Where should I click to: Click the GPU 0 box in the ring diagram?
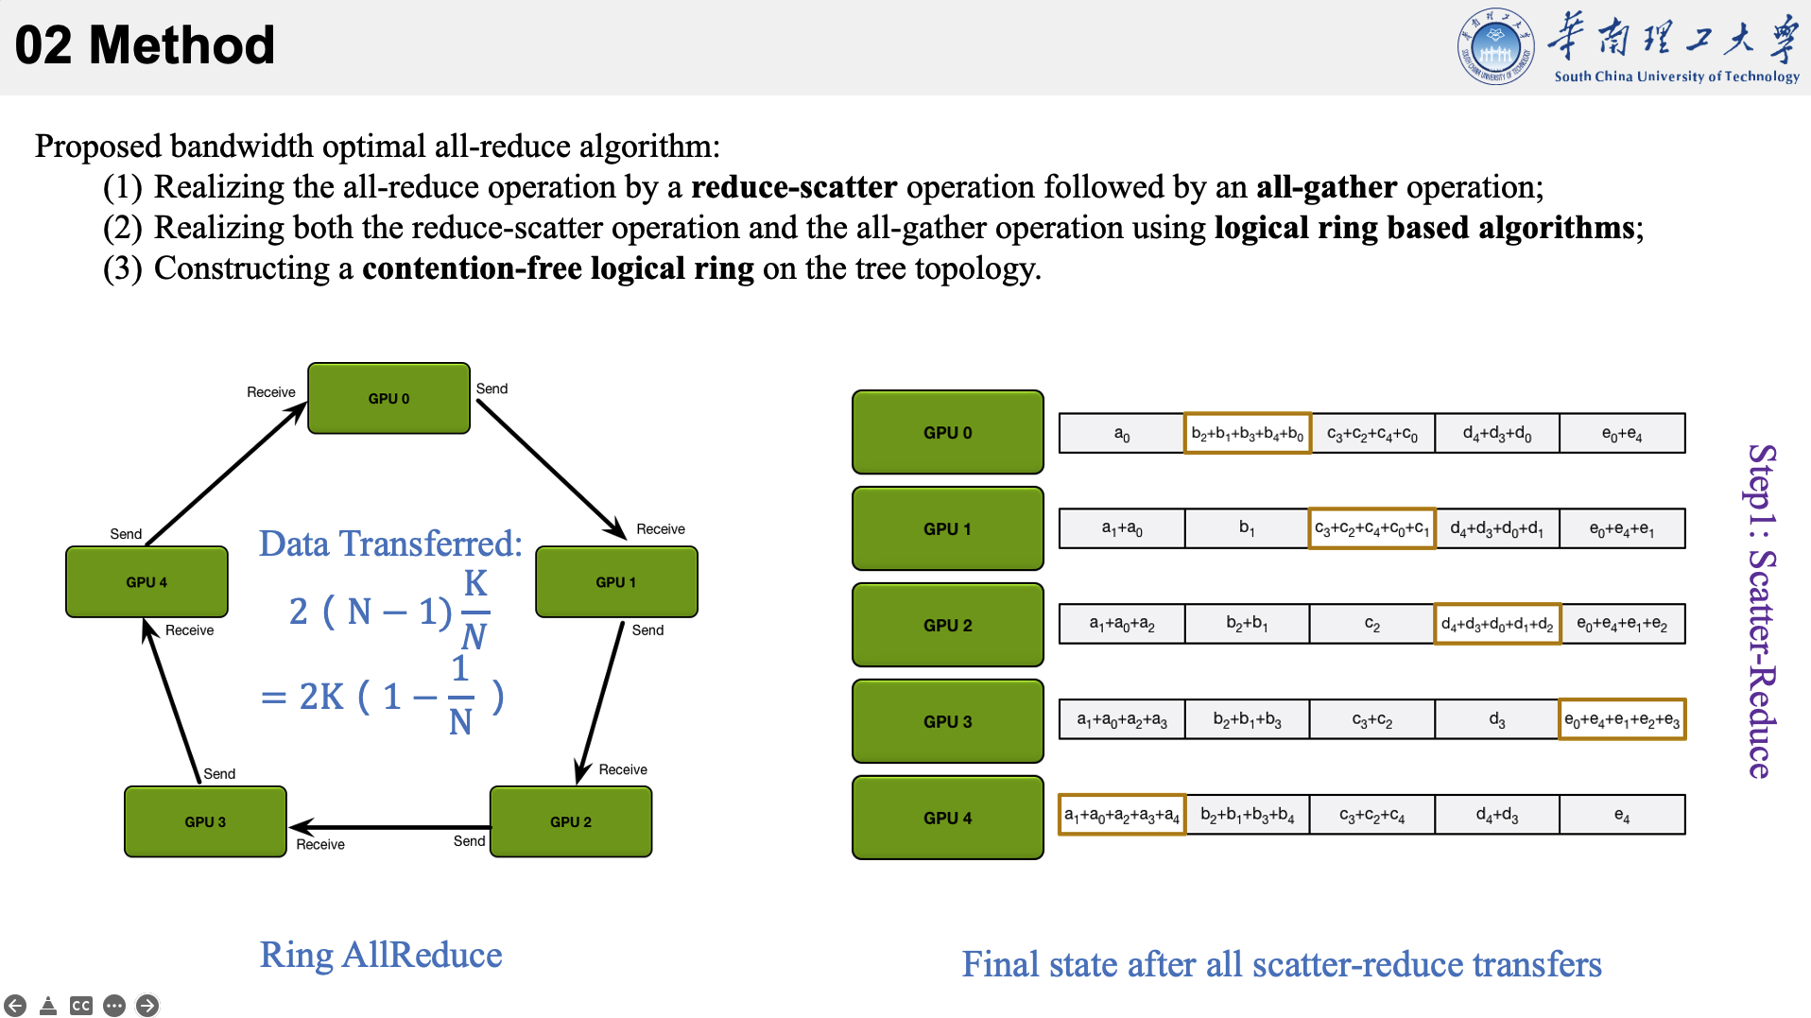pos(388,398)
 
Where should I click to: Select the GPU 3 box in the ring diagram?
pos(205,821)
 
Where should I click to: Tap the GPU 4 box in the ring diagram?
pos(147,582)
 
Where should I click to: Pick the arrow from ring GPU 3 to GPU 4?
pos(171,700)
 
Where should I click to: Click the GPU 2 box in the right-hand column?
pos(947,625)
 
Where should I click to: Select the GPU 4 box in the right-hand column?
pos(947,818)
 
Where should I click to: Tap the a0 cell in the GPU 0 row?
pos(1121,434)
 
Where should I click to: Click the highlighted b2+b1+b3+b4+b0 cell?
pos(1247,434)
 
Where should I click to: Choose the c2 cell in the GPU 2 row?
pos(1371,625)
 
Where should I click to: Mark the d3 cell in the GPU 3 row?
pos(1496,720)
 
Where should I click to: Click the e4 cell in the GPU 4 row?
pos(1621,815)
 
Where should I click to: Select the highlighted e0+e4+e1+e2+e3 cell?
pos(1621,720)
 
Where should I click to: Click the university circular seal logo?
pos(1495,46)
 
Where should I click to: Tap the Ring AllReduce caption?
pos(381,955)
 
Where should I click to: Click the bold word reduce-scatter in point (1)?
pos(794,187)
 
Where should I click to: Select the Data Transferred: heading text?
pos(390,544)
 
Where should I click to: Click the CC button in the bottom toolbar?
pos(81,1006)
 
